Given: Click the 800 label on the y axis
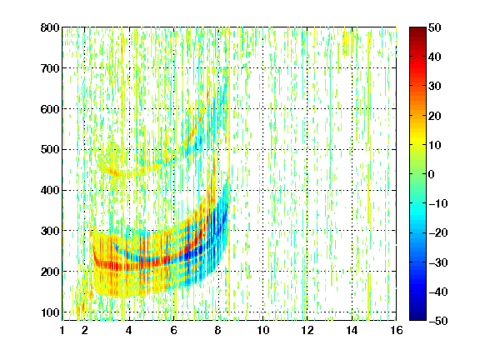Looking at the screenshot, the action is pos(50,27).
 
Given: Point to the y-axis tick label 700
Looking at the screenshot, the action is pos(50,68).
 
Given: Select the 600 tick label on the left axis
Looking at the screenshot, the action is pos(50,109).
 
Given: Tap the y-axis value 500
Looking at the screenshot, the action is pos(50,150).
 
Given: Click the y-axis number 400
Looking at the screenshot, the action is pos(50,190).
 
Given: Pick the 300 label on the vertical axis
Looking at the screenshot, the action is pos(50,231).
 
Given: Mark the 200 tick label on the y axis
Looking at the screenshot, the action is pos(50,272).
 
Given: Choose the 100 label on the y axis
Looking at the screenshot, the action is pos(50,312).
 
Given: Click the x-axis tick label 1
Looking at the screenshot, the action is pos(62,330).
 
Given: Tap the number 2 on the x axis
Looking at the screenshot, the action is pos(85,330).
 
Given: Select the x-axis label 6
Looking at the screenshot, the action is pos(173,330).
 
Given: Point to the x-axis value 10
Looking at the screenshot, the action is pos(263,330).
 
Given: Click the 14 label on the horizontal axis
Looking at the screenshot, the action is pos(352,330).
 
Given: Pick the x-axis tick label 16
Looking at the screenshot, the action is pos(397,330).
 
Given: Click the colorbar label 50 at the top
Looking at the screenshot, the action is pos(434,27).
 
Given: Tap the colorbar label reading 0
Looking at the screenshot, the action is pos(432,174).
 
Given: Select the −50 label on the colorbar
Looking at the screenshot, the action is pos(438,321).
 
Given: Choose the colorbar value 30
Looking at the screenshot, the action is pos(434,87).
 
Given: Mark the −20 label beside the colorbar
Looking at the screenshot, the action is pos(438,232).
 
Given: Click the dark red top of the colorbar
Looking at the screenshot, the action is pos(417,31).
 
